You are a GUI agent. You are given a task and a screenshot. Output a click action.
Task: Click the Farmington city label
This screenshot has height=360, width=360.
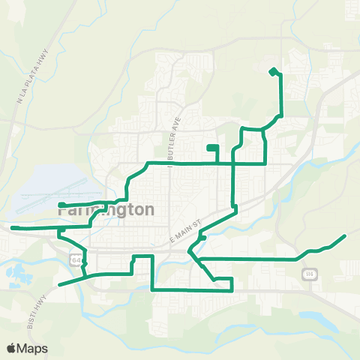(x=106, y=210)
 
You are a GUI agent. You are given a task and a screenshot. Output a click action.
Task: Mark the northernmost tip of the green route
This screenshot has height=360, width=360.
(x=273, y=69)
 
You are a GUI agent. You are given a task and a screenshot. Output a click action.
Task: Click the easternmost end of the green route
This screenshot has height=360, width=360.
(x=344, y=236)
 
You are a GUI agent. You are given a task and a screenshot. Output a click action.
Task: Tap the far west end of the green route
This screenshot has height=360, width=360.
(x=12, y=226)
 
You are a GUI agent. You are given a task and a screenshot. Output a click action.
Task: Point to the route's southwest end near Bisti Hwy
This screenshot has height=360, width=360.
(x=59, y=285)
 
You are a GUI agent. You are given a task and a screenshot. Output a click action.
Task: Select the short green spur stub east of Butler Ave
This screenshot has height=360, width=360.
(x=212, y=147)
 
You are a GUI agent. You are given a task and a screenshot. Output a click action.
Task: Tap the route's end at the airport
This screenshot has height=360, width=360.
(x=59, y=204)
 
